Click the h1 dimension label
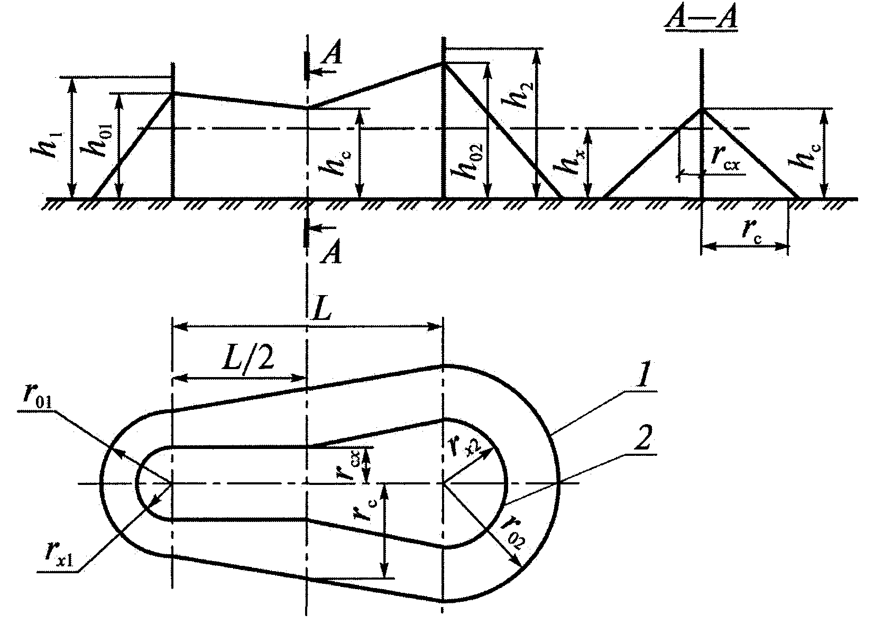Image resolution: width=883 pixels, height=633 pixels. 46,144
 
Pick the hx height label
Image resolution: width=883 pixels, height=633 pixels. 570,160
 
